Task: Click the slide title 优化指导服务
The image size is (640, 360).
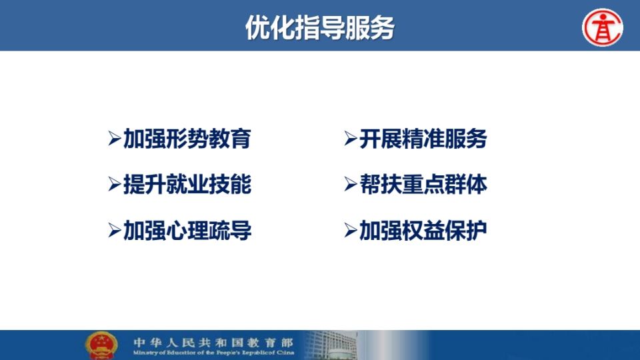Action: click(x=319, y=28)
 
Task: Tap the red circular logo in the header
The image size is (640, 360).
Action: click(x=603, y=27)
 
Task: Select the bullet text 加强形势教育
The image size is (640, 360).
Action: click(x=187, y=139)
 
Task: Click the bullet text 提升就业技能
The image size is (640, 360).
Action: click(x=187, y=185)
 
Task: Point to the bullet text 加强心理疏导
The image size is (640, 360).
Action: click(x=187, y=231)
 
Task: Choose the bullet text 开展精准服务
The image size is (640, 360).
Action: click(x=423, y=139)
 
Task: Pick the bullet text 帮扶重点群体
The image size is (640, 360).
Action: click(x=423, y=185)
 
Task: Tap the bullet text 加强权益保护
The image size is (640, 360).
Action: click(x=423, y=231)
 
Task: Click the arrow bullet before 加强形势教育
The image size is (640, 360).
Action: click(x=114, y=139)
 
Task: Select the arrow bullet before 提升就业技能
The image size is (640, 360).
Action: click(x=114, y=185)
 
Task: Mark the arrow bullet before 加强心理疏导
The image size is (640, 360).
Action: click(x=114, y=231)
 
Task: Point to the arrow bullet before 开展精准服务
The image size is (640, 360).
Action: click(x=350, y=139)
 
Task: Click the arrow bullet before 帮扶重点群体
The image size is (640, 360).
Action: click(x=350, y=185)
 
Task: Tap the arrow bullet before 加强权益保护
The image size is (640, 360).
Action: click(x=350, y=231)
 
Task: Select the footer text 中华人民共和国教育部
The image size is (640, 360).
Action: click(x=213, y=342)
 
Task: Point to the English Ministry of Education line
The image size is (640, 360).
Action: click(x=213, y=352)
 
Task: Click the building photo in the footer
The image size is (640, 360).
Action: click(x=331, y=345)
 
